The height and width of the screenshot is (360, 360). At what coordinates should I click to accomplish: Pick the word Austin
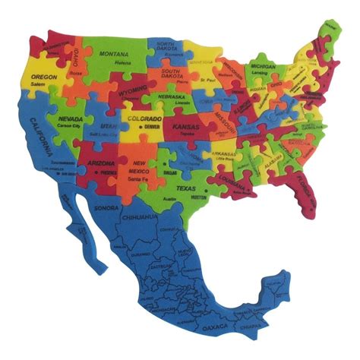click(171, 199)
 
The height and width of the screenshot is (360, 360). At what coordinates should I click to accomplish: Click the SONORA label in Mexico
click(103, 207)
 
